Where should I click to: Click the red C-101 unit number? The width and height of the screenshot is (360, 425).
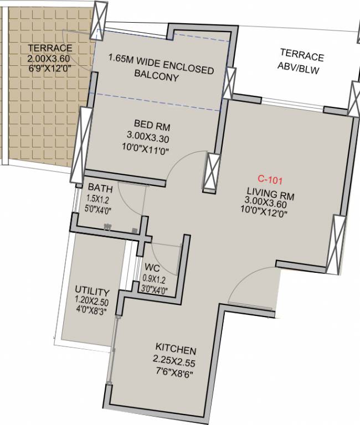(x=270, y=179)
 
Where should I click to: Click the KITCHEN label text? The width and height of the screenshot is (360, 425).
(x=176, y=350)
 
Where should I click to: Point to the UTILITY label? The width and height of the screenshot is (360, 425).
(x=92, y=292)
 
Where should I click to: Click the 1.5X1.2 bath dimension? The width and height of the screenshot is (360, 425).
(x=98, y=199)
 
